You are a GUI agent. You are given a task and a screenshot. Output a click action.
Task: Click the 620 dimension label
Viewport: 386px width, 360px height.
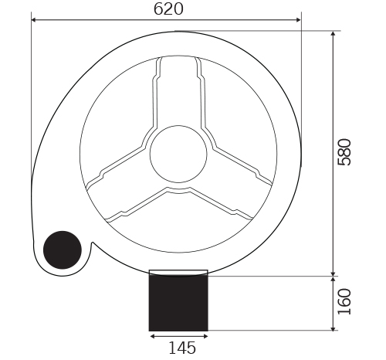[x=168, y=9]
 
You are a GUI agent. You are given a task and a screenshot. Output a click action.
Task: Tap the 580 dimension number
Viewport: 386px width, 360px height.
[x=344, y=152]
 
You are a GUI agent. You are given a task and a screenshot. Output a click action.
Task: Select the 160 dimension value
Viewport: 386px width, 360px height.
[x=344, y=301]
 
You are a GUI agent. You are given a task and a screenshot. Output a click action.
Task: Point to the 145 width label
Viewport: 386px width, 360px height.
[x=182, y=348]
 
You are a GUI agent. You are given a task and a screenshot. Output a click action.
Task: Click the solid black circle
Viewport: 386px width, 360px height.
[x=63, y=250]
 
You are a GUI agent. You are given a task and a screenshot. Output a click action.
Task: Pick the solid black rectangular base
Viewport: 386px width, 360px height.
[x=178, y=303]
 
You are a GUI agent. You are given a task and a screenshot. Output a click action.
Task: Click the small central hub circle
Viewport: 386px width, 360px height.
[x=178, y=154]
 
